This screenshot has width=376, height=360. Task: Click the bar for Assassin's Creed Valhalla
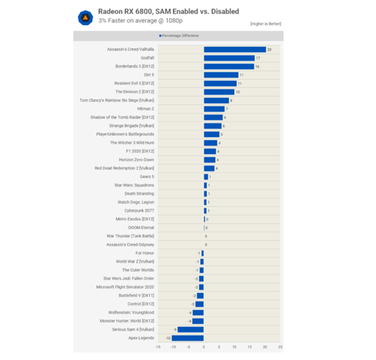[234, 49]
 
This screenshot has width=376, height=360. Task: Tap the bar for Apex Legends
[188, 338]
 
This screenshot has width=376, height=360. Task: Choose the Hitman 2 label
[143, 109]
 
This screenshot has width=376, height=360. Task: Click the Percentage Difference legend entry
[179, 35]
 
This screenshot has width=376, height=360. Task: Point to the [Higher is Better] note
[266, 23]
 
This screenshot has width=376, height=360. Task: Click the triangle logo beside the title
[84, 17]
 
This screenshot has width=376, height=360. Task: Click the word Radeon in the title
[110, 12]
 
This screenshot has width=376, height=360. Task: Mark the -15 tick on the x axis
[157, 347]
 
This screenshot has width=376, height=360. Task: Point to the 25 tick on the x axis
[280, 347]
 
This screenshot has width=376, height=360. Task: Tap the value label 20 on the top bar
[269, 49]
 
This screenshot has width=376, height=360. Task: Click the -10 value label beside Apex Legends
[168, 338]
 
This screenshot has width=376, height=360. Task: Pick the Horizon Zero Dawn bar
[209, 160]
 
